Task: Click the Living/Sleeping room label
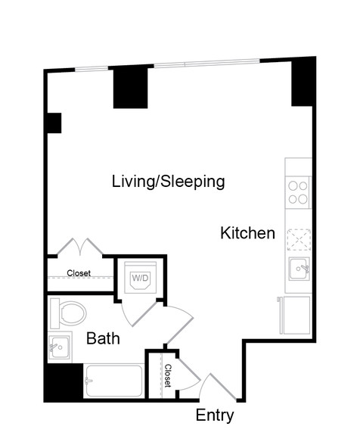pos(169,182)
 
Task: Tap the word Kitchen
pos(247,233)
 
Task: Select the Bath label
pos(103,338)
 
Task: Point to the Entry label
pos(215,415)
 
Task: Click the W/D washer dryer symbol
pos(141,278)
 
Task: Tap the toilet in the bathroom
pos(68,313)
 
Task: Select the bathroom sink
pos(59,347)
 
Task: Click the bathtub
pos(113,381)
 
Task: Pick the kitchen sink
pos(299,269)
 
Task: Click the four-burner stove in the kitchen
pos(298,192)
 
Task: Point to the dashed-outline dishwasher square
pos(299,240)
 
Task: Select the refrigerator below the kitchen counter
pos(295,315)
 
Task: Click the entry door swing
pos(217,387)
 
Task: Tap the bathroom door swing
pos(178,325)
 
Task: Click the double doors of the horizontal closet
pos(80,247)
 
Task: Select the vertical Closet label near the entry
pos(168,375)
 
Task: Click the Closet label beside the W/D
pos(79,273)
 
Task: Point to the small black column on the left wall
pos(54,123)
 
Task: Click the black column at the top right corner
pos(303,82)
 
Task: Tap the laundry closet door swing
pos(138,314)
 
